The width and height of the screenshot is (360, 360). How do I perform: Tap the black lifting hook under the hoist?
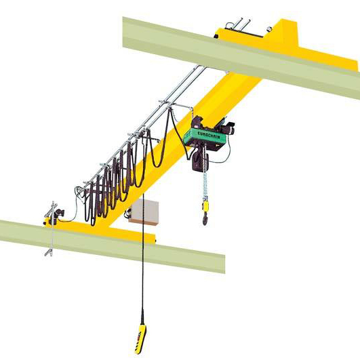[x=205, y=218]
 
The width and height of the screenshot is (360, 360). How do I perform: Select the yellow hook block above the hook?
[x=205, y=205]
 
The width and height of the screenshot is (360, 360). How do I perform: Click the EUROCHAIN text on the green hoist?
[x=209, y=135]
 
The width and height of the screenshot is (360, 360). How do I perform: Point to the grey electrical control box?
[x=144, y=212]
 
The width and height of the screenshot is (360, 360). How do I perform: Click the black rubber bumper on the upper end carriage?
[x=216, y=36]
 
